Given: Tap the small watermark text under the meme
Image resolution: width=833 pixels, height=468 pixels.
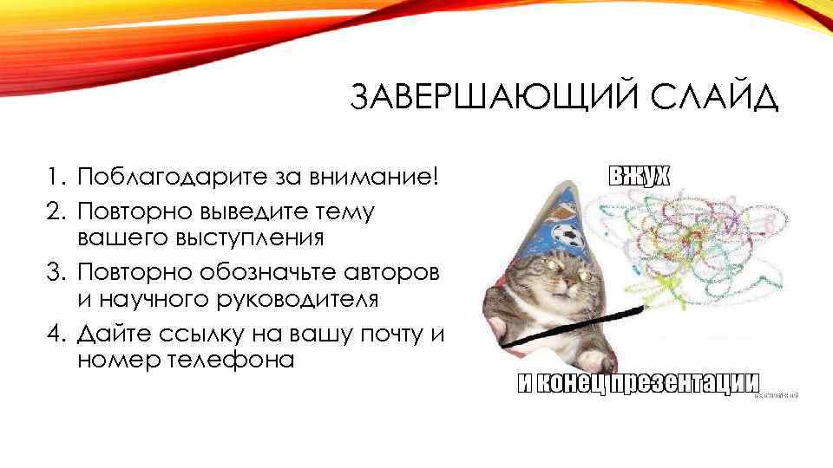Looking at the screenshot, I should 781,394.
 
